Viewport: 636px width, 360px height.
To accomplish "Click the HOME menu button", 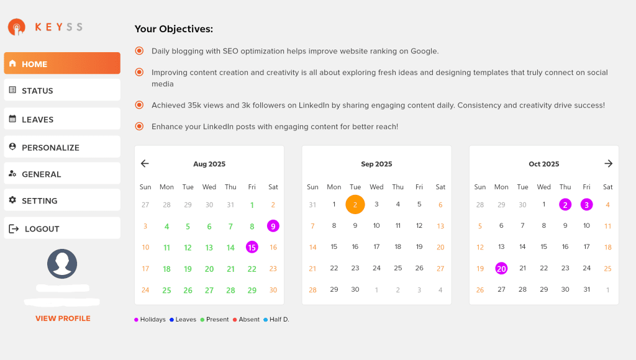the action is (x=62, y=63).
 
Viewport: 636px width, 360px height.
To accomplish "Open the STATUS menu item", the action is (x=62, y=90).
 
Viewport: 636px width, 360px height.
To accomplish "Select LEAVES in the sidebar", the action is (x=62, y=119).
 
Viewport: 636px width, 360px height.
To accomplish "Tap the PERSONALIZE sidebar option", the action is (x=62, y=146).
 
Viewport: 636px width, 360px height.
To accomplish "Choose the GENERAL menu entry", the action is (x=62, y=174).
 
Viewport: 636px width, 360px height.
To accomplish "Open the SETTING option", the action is (x=62, y=200).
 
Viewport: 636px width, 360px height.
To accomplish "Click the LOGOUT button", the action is (x=62, y=228).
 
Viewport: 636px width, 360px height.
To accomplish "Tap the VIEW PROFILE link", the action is (x=63, y=318).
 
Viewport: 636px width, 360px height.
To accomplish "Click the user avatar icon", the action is (x=62, y=264).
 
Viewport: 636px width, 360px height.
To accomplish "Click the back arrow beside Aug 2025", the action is (x=145, y=163).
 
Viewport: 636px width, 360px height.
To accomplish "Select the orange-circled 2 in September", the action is (x=355, y=204).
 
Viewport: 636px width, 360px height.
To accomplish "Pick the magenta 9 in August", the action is (x=273, y=226).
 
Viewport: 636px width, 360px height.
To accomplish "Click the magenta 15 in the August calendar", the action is (x=252, y=247).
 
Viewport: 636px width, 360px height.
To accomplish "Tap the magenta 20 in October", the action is (x=501, y=268).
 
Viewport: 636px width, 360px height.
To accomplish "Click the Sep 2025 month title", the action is (x=376, y=164).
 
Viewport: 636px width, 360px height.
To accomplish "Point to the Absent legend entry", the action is (x=246, y=320).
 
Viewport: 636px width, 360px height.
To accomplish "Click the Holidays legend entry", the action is (x=150, y=320).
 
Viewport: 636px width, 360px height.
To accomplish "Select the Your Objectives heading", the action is (x=174, y=29).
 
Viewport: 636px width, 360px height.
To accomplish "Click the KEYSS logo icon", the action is (x=17, y=27).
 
